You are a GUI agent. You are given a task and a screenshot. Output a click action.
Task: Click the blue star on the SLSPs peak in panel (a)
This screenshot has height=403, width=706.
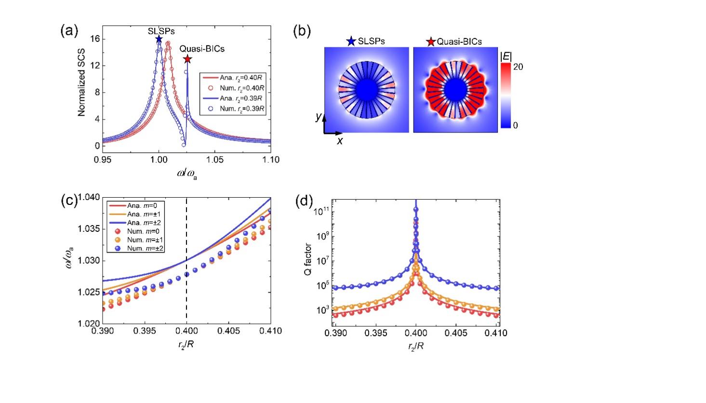pos(159,39)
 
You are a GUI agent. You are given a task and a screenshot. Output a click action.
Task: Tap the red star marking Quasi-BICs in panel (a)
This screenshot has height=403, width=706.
pos(187,59)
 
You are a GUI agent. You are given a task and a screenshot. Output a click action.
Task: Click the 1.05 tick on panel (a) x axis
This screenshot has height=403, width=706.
pos(214,159)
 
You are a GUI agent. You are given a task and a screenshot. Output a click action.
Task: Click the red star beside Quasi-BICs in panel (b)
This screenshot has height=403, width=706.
pos(431,41)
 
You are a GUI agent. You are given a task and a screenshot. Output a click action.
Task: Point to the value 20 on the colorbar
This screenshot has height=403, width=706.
pos(518,67)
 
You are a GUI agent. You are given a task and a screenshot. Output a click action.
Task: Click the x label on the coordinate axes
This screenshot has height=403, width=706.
pos(339,141)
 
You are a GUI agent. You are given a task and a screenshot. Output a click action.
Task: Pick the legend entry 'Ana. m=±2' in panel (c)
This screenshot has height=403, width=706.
pos(132,223)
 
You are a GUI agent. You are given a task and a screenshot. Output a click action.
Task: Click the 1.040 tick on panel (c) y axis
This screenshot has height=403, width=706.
pos(90,197)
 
